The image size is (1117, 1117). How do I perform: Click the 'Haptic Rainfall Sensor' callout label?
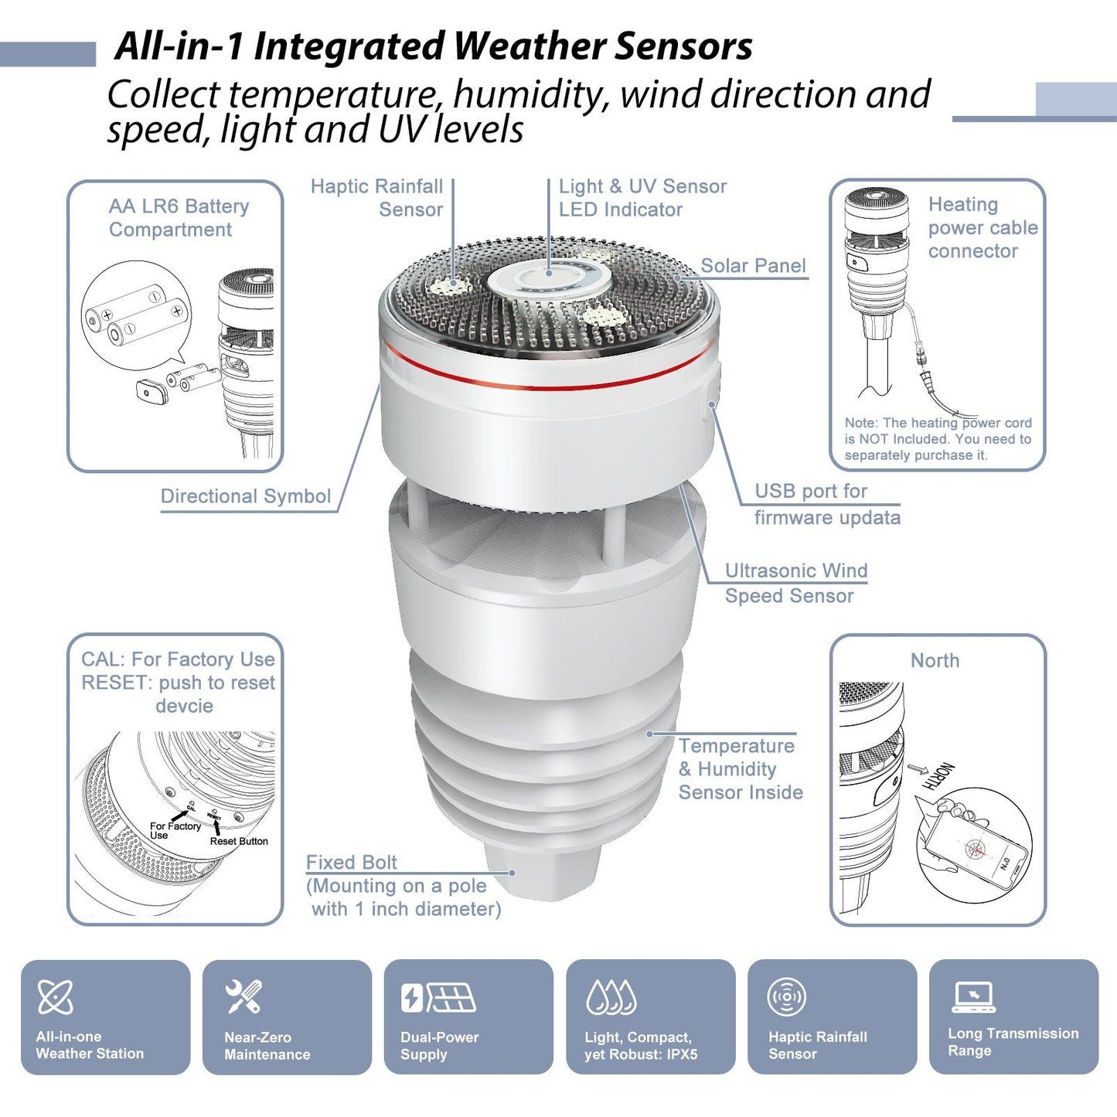pyautogui.click(x=377, y=198)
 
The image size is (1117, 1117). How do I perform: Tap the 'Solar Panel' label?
pyautogui.click(x=752, y=266)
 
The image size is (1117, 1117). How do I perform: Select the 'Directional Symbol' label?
pyautogui.click(x=245, y=496)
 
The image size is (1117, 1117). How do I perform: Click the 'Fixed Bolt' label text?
pyautogui.click(x=352, y=862)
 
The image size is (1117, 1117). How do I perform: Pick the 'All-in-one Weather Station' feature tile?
pyautogui.click(x=105, y=1017)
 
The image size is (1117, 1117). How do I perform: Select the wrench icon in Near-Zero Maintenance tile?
pyautogui.click(x=243, y=996)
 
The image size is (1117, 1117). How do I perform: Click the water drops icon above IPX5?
pyautogui.click(x=611, y=997)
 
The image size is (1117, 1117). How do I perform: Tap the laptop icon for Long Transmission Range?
pyautogui.click(x=973, y=996)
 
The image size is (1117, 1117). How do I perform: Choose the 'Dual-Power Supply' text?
pyautogui.click(x=439, y=1045)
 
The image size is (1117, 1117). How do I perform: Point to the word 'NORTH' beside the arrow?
pyautogui.click(x=938, y=775)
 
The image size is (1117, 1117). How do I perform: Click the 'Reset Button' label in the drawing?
pyautogui.click(x=239, y=841)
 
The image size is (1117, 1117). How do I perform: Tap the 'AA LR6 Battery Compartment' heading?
pyautogui.click(x=179, y=218)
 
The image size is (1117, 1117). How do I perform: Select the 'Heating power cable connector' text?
pyautogui.click(x=982, y=228)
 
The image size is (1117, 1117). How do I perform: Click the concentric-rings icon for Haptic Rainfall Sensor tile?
pyautogui.click(x=786, y=996)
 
